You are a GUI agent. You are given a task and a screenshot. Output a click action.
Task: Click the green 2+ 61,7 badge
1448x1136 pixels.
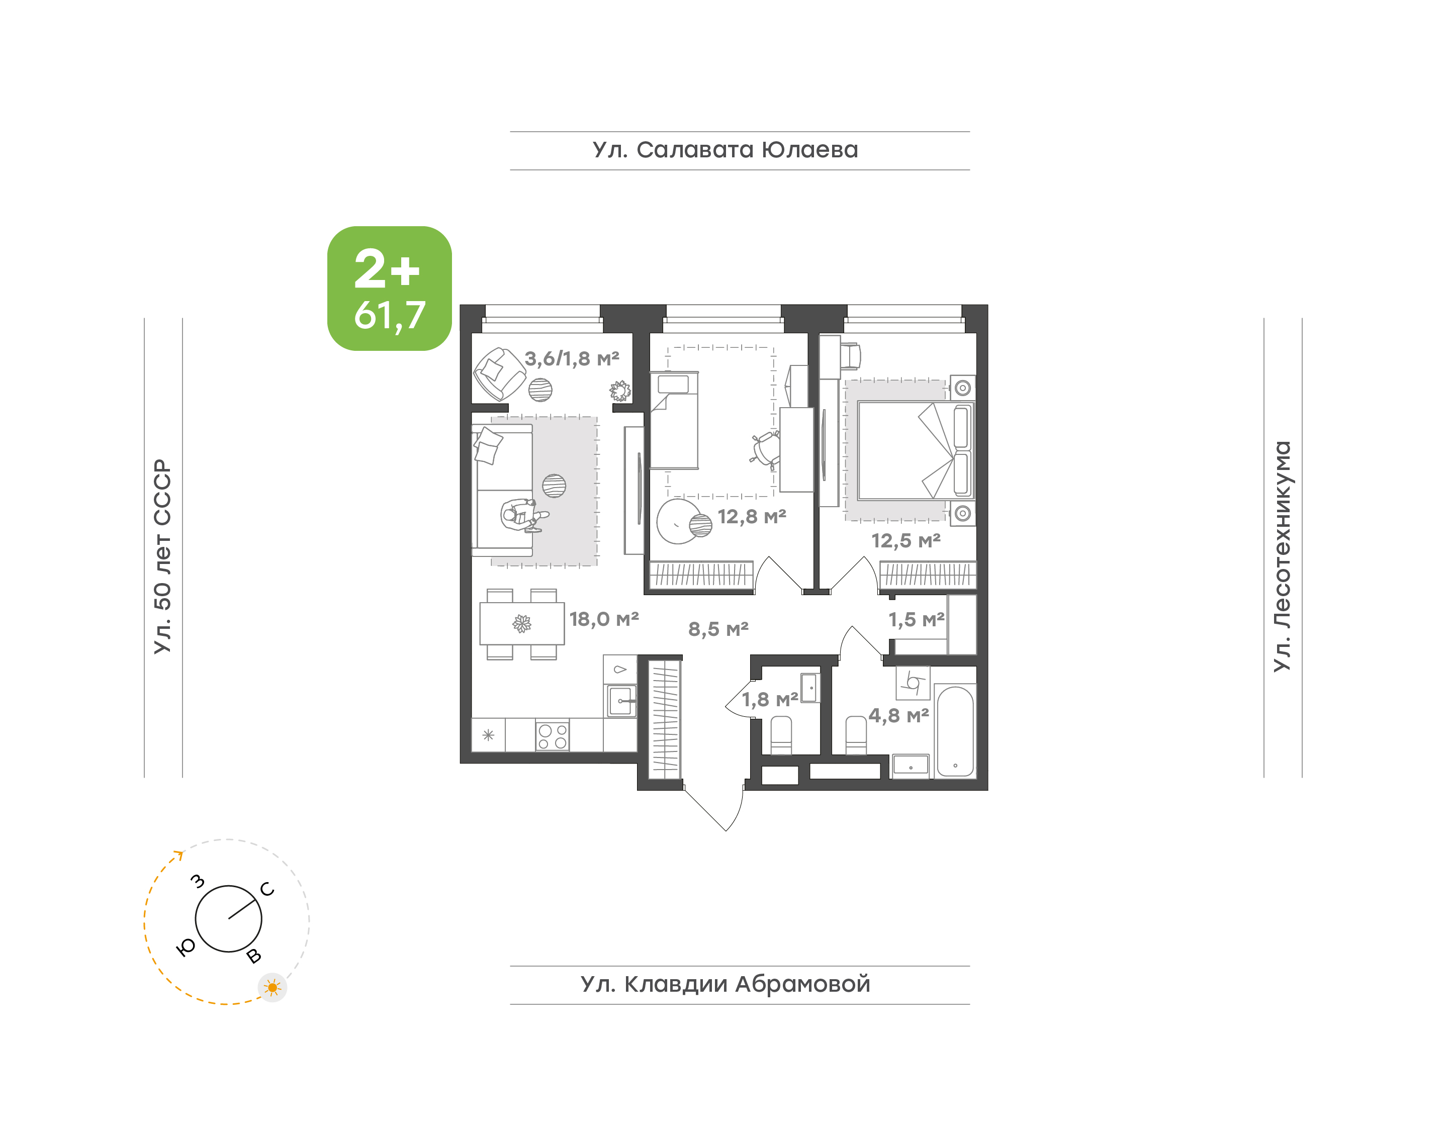pyautogui.click(x=389, y=288)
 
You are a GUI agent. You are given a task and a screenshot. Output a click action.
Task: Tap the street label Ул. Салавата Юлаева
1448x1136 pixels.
pyautogui.click(x=725, y=150)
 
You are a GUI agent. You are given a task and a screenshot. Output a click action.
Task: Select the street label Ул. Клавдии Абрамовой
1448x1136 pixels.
pyautogui.click(x=725, y=984)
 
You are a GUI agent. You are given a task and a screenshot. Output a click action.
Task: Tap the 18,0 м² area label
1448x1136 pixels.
pyautogui.click(x=604, y=619)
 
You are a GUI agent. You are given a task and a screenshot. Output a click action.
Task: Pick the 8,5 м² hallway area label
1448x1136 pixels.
pyautogui.click(x=718, y=629)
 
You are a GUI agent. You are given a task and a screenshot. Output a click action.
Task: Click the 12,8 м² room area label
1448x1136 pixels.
pyautogui.click(x=752, y=517)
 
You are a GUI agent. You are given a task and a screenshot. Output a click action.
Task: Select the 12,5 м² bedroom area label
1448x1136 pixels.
pyautogui.click(x=906, y=541)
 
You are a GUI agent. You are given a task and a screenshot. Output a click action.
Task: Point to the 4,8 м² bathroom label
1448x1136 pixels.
pyautogui.click(x=898, y=716)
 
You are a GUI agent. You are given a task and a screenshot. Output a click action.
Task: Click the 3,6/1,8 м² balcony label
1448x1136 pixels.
pyautogui.click(x=572, y=359)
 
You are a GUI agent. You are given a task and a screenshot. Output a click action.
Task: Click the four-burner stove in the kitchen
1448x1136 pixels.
pyautogui.click(x=552, y=735)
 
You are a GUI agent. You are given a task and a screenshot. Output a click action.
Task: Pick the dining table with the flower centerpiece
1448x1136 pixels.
pyautogui.click(x=522, y=624)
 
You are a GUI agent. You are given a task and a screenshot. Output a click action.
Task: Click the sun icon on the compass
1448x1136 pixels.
pyautogui.click(x=272, y=988)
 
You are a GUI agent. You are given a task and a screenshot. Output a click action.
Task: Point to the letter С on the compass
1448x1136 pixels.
pyautogui.click(x=267, y=889)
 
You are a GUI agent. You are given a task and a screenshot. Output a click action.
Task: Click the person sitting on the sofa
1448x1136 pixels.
pyautogui.click(x=523, y=515)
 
